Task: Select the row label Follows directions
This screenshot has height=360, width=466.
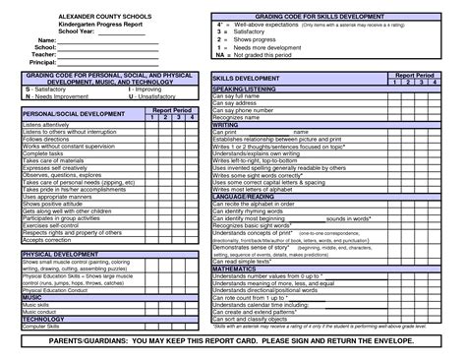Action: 45,140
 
